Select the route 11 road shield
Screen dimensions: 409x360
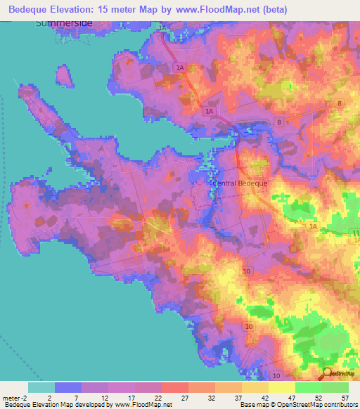click(x=356, y=233)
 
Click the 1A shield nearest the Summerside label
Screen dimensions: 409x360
click(x=164, y=27)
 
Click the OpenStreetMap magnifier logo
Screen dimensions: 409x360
click(x=327, y=373)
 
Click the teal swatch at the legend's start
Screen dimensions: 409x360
click(x=41, y=387)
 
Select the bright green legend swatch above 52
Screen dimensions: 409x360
click(x=308, y=387)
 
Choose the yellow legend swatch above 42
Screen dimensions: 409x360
click(x=255, y=387)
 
